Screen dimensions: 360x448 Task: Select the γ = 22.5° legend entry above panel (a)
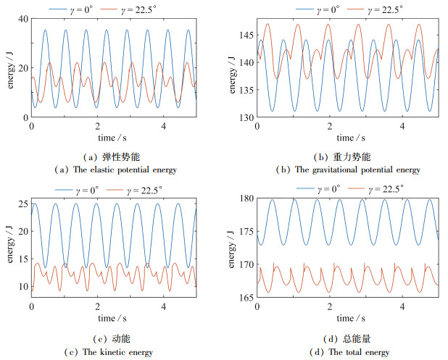click(136, 9)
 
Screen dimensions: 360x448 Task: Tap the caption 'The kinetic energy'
click(119, 353)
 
